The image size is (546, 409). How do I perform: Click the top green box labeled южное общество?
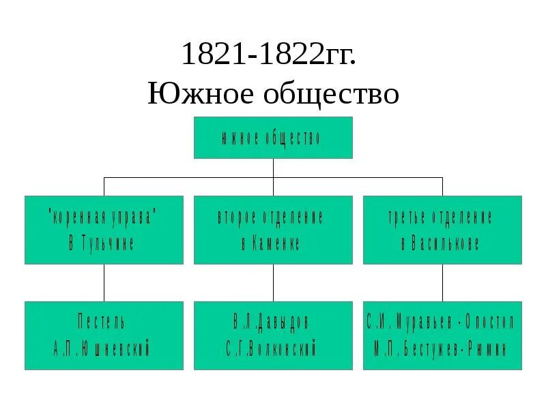click(273, 138)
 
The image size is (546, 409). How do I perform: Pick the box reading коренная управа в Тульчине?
click(104, 230)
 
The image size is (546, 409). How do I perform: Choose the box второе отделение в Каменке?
click(273, 230)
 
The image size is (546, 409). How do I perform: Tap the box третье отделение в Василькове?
click(442, 230)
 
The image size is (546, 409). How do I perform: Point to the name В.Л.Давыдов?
click(271, 322)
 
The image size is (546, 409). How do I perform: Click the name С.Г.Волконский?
click(271, 350)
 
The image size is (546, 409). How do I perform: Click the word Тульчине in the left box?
click(111, 244)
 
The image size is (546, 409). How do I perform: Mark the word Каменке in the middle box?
click(279, 244)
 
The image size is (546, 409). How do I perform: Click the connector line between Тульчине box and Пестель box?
click(104, 282)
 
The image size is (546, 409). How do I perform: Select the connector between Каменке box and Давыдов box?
click(273, 282)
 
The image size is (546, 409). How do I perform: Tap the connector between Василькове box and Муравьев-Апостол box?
click(442, 282)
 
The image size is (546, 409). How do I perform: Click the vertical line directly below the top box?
click(273, 168)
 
